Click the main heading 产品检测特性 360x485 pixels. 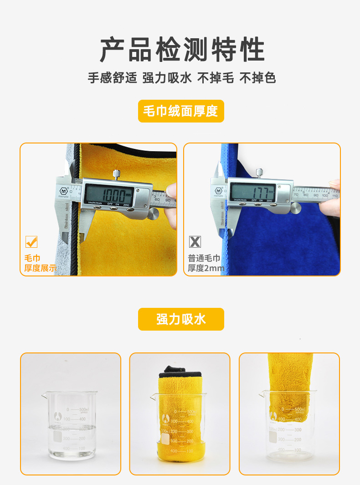(182, 50)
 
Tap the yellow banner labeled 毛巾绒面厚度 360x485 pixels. (181, 111)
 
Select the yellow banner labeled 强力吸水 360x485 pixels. (181, 319)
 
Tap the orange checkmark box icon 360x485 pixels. (31, 242)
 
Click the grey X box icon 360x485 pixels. (195, 242)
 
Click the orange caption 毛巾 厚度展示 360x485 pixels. (40, 263)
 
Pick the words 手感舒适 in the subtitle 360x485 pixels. (112, 78)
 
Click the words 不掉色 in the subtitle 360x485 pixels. (257, 78)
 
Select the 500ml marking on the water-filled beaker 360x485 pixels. (83, 410)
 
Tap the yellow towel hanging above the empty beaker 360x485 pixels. (290, 383)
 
